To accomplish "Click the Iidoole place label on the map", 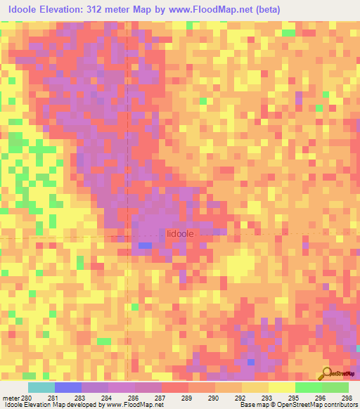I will tap(179, 234).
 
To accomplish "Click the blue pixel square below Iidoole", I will tap(145, 245).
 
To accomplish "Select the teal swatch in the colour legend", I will tap(41, 387).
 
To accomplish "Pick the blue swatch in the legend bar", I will tap(68, 387).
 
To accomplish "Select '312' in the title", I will tap(119, 10).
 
